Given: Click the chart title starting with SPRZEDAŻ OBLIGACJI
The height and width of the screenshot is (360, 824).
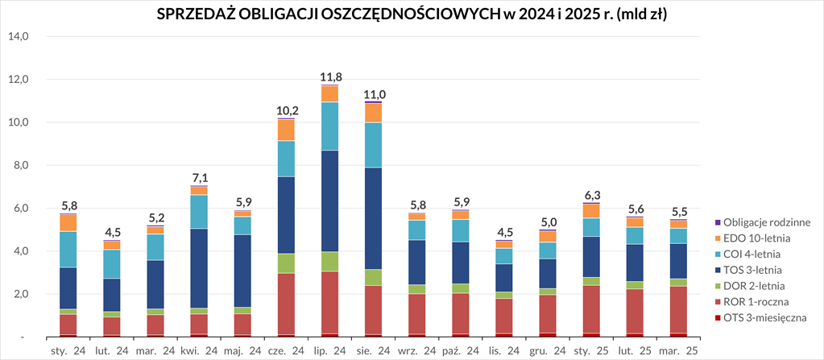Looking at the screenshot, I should point(412,15).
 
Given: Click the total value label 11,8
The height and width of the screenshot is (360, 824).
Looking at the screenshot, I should point(330,77).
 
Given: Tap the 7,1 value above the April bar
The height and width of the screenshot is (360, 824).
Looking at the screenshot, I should point(200,178).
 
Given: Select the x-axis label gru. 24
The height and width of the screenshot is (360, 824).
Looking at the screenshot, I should point(548,350).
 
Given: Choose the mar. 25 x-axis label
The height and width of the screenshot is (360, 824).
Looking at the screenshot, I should point(678,350).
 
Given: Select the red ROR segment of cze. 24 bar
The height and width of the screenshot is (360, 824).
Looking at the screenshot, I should point(287,304).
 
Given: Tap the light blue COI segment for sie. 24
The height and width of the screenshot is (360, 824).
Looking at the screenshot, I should point(374,145).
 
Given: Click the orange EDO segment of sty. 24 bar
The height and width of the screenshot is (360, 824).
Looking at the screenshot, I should point(69,222).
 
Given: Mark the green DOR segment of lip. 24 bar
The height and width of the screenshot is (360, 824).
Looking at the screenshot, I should point(330,262).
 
